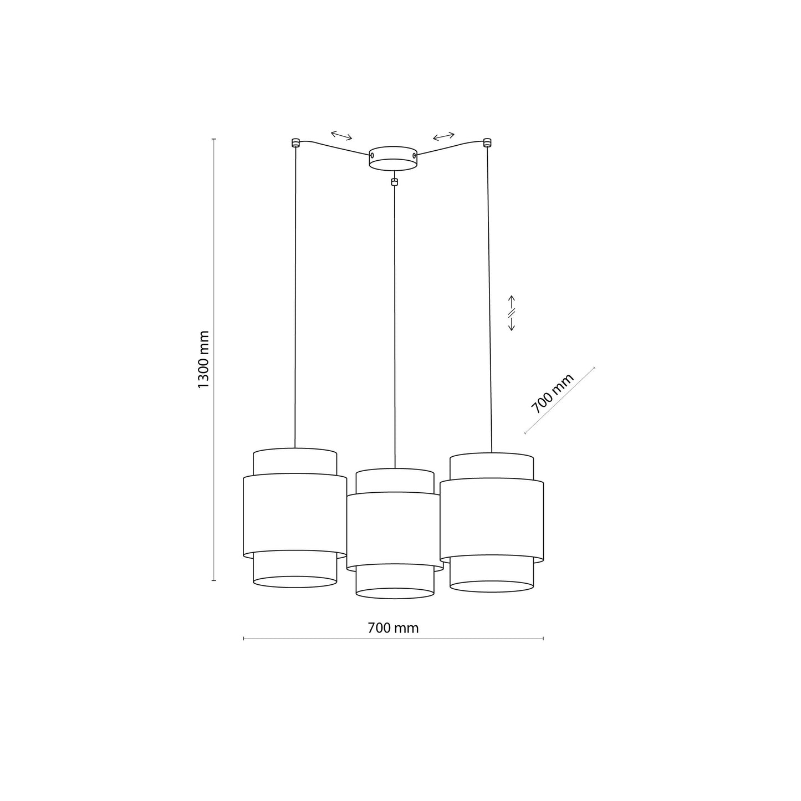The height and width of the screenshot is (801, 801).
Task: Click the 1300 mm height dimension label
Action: [203, 359]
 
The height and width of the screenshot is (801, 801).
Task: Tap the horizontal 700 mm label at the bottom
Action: [393, 628]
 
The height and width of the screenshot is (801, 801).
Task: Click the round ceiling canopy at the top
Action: [393, 157]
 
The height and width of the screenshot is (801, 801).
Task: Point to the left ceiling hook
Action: [295, 142]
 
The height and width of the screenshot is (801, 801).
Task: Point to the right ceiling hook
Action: [487, 142]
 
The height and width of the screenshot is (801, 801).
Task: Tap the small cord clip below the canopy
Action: [394, 181]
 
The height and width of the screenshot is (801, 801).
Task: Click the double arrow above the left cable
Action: [341, 135]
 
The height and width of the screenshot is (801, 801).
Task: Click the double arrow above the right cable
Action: [443, 136]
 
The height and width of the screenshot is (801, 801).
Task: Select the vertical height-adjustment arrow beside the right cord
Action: [512, 313]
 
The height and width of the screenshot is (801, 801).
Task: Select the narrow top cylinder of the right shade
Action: [492, 466]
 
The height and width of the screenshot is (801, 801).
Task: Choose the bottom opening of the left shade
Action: [294, 581]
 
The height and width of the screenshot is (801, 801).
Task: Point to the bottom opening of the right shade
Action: [492, 586]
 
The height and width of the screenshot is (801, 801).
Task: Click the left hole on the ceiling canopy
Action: [372, 157]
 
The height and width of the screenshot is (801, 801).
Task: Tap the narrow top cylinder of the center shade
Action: [395, 481]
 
